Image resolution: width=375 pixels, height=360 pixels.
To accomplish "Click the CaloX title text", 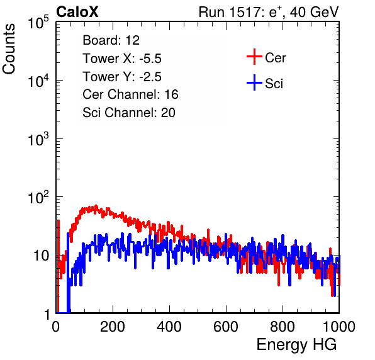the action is (77, 12).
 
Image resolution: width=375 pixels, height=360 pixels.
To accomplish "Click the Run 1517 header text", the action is (269, 12).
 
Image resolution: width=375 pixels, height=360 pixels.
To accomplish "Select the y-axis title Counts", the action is (9, 49).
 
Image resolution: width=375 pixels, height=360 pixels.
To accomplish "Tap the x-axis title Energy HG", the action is (296, 345).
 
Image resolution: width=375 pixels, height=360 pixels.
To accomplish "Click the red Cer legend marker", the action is (254, 57).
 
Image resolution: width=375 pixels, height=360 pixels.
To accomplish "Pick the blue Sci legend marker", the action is (254, 82).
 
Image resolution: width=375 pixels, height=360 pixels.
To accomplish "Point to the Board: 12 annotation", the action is (111, 40).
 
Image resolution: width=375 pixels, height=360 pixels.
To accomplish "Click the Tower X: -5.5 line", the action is (122, 59).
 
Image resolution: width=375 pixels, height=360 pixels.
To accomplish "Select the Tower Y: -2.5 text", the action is (122, 77).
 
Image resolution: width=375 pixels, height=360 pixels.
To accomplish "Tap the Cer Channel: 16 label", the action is (130, 94).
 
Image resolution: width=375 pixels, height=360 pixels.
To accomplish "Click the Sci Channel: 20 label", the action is (129, 113).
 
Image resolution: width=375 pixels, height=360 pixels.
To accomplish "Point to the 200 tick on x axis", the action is (113, 327).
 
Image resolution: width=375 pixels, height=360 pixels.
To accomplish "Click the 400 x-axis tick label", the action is (169, 327).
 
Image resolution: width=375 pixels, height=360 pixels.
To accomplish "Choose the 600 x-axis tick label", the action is (226, 327).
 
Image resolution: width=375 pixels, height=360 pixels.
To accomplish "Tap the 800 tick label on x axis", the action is (283, 327).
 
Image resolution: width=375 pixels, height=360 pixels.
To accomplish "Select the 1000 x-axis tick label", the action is (339, 327).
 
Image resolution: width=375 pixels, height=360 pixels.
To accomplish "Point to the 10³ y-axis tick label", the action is (38, 139).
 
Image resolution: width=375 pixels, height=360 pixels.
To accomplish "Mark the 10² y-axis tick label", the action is (38, 198).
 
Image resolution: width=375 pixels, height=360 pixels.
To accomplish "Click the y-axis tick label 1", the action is (47, 314).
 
